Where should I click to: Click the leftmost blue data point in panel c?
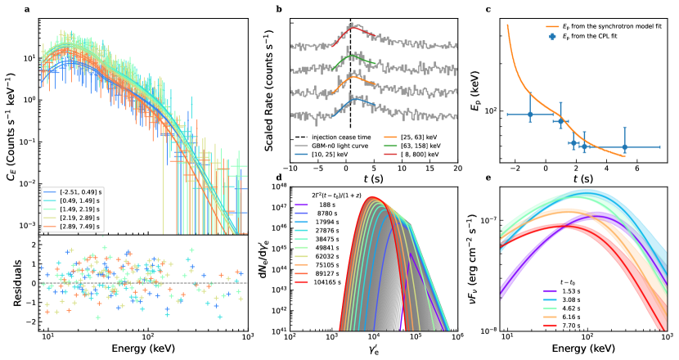(x=530, y=115)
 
